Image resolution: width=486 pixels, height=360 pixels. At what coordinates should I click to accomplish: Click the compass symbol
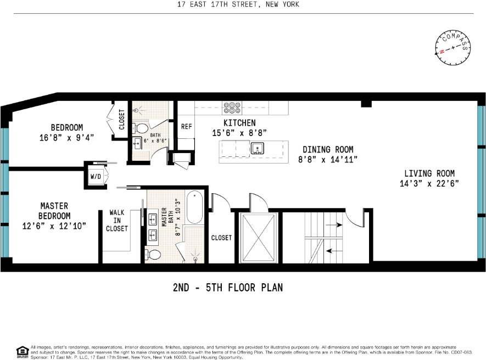coord(454,48)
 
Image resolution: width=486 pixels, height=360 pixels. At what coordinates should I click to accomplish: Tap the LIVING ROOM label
coord(427,173)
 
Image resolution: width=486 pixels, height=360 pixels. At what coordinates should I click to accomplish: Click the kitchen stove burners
coord(232,106)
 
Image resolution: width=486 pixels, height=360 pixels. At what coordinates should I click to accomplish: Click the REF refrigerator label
coord(186,126)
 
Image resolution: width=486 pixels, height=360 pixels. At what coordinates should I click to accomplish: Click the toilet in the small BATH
coord(141,128)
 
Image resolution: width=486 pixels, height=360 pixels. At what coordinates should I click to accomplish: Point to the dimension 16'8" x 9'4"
coord(63,138)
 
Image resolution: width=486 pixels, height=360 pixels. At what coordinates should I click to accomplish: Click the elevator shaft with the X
coord(258,238)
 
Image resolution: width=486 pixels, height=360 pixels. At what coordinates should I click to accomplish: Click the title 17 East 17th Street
coord(243,5)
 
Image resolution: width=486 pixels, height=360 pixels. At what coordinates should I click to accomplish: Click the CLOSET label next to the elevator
coord(221,238)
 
